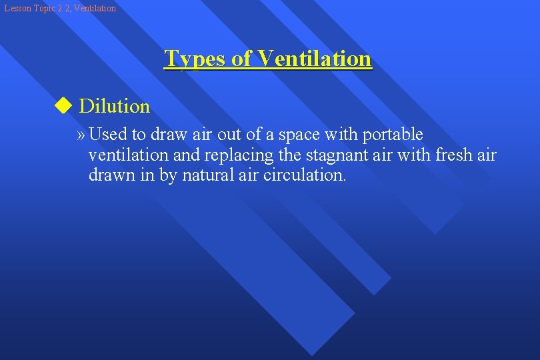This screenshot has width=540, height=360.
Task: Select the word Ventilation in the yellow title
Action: (315, 59)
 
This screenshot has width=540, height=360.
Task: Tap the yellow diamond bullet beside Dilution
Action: (63, 105)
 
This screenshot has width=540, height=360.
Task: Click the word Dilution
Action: (114, 106)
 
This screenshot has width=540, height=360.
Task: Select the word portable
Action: (393, 135)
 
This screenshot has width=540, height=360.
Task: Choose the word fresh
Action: (455, 155)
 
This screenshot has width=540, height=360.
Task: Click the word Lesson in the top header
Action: (16, 9)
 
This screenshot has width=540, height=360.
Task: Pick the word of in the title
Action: (243, 59)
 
